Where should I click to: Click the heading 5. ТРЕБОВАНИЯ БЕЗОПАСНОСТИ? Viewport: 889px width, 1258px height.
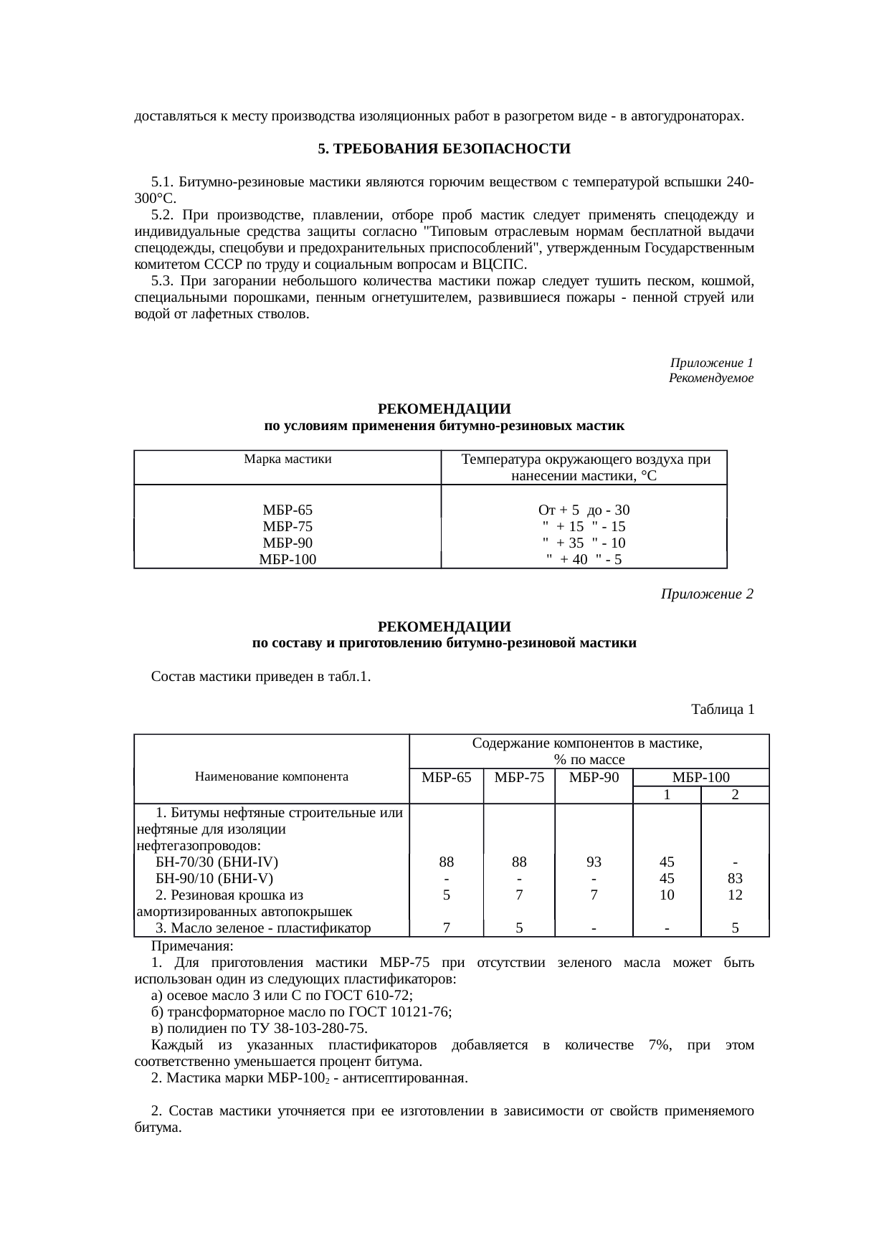444,149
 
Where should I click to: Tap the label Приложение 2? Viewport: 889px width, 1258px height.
706,594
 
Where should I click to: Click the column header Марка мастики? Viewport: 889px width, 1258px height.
287,459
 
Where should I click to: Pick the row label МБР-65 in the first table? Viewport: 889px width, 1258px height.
287,510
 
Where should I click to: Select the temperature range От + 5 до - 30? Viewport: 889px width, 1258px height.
584,510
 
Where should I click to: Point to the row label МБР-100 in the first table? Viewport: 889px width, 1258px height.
287,560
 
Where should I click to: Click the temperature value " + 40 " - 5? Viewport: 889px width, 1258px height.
584,560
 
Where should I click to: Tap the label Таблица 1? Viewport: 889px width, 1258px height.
722,710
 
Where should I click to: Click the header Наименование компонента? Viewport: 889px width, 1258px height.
271,776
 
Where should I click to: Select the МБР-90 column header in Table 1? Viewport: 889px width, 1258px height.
594,778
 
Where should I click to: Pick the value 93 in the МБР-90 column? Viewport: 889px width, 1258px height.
594,862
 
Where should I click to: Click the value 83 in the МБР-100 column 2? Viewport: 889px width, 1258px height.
735,878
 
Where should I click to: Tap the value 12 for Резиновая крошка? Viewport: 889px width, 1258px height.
735,895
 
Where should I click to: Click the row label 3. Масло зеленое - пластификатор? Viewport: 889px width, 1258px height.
263,928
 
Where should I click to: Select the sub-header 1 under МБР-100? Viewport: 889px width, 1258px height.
667,795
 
